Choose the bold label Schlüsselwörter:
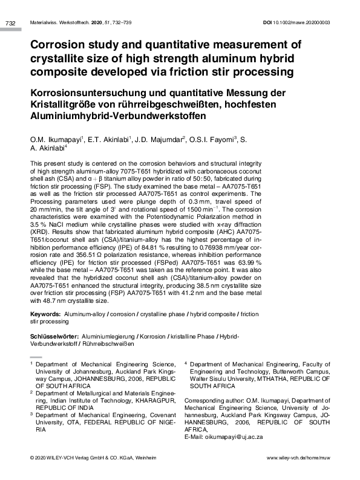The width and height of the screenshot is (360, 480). coord(54,336)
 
